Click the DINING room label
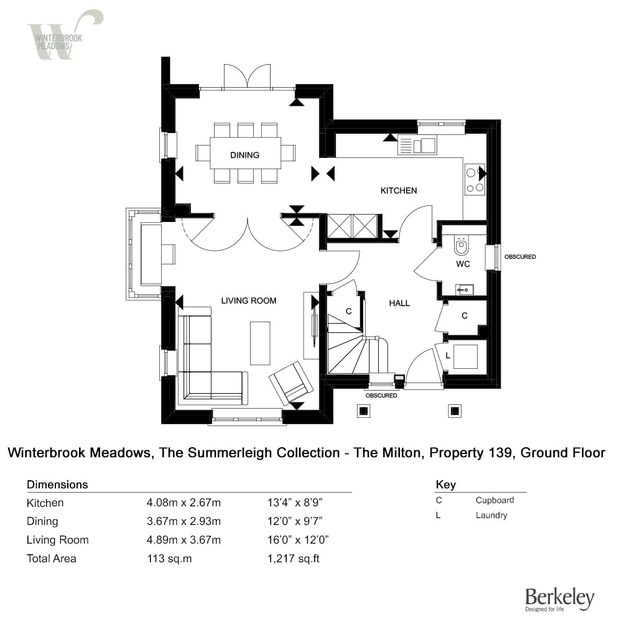[x=244, y=155]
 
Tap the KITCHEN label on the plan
[x=399, y=191]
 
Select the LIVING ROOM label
[x=249, y=300]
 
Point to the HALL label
[x=399, y=304]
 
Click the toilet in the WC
[x=462, y=246]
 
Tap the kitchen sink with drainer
[x=417, y=145]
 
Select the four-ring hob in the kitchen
[x=475, y=180]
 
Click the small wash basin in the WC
[x=464, y=290]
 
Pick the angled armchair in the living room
[x=291, y=383]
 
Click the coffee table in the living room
[x=260, y=343]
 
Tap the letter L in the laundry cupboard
[x=448, y=356]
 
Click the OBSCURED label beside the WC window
[x=520, y=257]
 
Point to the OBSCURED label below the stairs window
[x=381, y=396]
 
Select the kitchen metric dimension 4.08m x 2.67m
[x=183, y=503]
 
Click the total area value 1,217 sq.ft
[x=294, y=559]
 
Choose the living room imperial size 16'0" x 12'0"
[x=298, y=540]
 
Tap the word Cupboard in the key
[x=494, y=500]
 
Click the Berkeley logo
[x=560, y=599]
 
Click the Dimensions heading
[x=57, y=485]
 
